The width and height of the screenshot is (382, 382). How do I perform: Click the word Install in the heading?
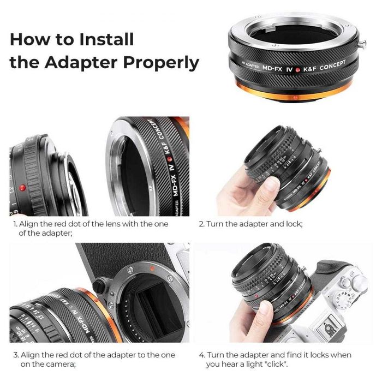(107, 39)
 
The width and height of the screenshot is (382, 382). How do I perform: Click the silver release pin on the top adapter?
(362, 44)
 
